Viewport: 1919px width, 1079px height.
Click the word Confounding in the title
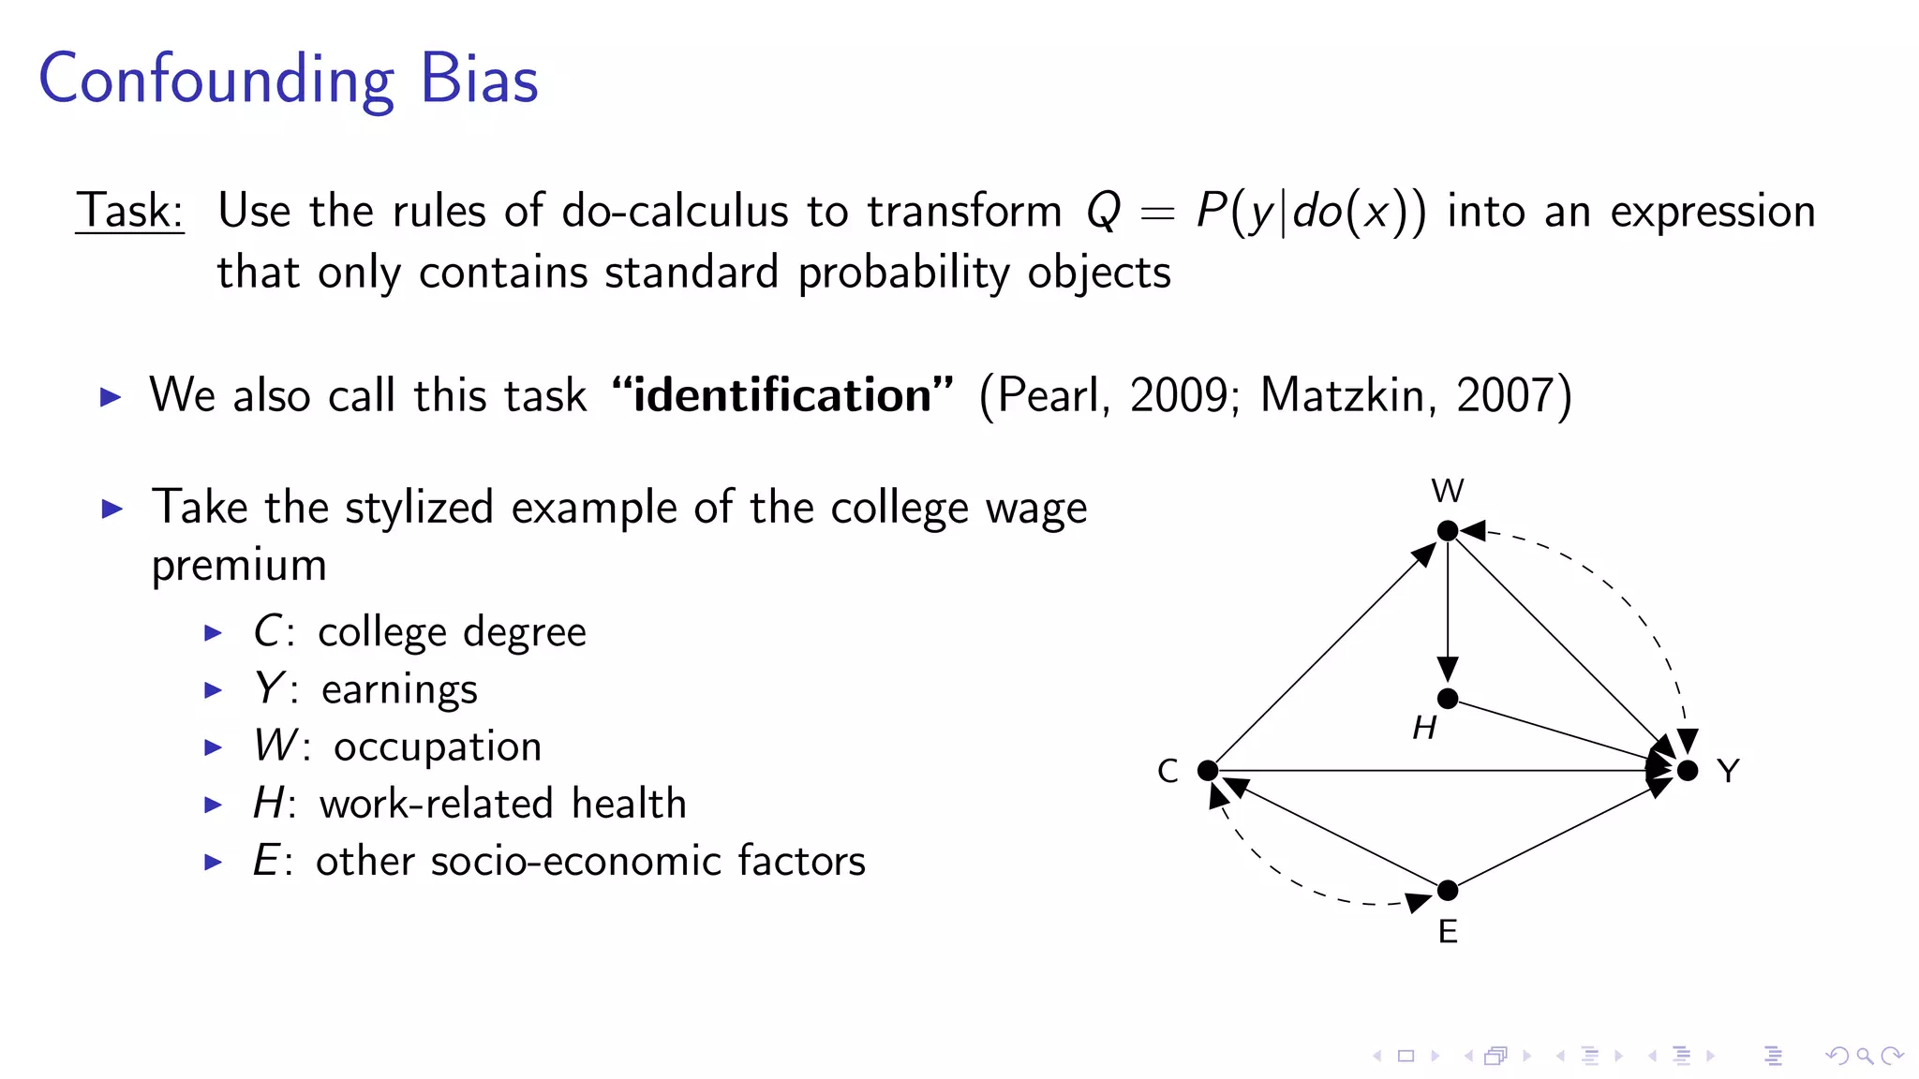coord(216,81)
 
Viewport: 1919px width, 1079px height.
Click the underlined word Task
coord(129,211)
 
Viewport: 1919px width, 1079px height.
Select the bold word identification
coord(782,395)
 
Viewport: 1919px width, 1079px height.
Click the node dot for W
coord(1447,531)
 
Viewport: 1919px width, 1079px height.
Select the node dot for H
coord(1447,698)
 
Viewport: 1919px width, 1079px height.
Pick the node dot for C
coord(1208,770)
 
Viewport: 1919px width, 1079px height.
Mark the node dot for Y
coord(1687,770)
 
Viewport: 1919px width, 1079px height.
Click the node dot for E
coord(1447,890)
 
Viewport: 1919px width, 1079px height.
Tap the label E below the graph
coord(1447,932)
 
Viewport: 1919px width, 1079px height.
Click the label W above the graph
coord(1447,491)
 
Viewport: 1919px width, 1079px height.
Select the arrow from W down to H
coord(1447,609)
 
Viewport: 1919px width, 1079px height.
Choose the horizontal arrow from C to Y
coord(1434,770)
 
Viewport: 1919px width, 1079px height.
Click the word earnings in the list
coord(399,690)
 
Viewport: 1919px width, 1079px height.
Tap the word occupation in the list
coord(438,747)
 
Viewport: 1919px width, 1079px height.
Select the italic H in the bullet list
coord(268,804)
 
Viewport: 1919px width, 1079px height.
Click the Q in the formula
coord(1103,212)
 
